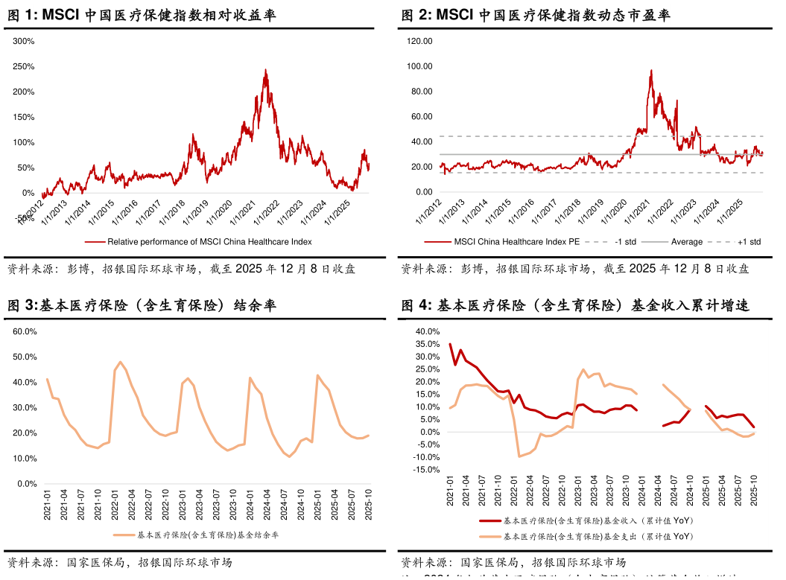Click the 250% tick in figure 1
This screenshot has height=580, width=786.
pos(25,66)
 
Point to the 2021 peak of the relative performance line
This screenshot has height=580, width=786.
pos(266,70)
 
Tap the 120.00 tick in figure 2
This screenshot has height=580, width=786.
pos(422,41)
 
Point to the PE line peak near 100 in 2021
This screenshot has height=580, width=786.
pos(651,71)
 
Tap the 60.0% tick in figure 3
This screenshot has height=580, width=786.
pos(25,331)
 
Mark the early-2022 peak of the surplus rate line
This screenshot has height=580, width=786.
pos(119,363)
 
